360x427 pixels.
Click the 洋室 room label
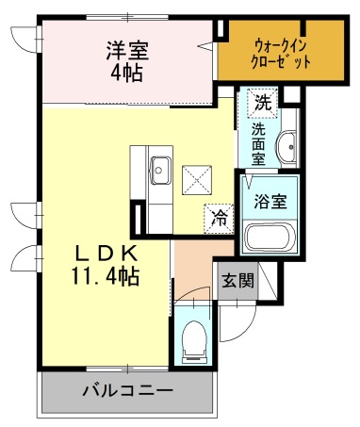(127, 50)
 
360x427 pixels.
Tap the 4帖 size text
(127, 73)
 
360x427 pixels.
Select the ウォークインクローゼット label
(281, 54)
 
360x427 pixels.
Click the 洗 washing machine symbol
(263, 103)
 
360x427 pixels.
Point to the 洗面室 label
(258, 144)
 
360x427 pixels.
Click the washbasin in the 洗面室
(286, 147)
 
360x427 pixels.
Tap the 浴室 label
(270, 201)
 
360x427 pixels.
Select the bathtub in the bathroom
(270, 237)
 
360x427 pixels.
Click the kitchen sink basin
(160, 170)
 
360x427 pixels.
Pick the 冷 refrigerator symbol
(219, 219)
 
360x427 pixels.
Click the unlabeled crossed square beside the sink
(197, 180)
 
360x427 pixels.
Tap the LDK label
(106, 254)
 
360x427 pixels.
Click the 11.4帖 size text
(106, 275)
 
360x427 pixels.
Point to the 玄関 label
(237, 280)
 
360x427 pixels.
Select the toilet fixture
(194, 342)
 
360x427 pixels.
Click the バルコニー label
(128, 390)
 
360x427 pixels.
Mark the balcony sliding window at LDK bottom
(127, 369)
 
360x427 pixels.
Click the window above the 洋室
(127, 17)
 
